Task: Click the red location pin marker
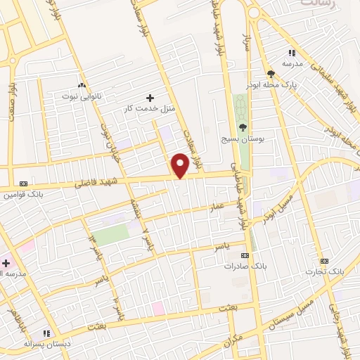tap(181, 164)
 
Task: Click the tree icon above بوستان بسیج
tap(243, 127)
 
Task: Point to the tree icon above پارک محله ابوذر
tap(271, 73)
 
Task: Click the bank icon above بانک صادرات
tap(245, 256)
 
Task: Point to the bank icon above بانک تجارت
tap(324, 261)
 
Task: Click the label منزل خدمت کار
tap(149, 107)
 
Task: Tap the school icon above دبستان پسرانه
tap(46, 333)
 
